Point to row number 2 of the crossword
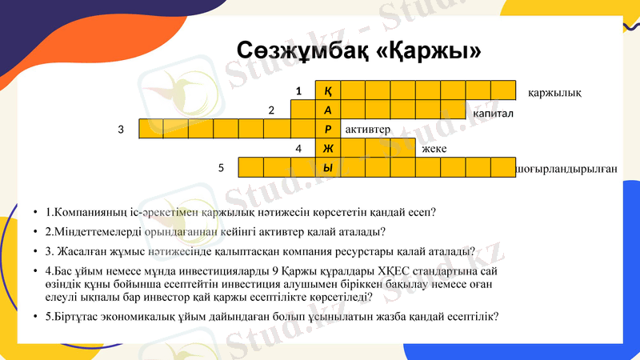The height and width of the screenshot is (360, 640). pos(272,110)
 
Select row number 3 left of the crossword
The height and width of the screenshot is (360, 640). pos(121,129)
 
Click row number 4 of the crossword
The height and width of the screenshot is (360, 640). pos(298,149)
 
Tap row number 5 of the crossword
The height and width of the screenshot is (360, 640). pos(222,168)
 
